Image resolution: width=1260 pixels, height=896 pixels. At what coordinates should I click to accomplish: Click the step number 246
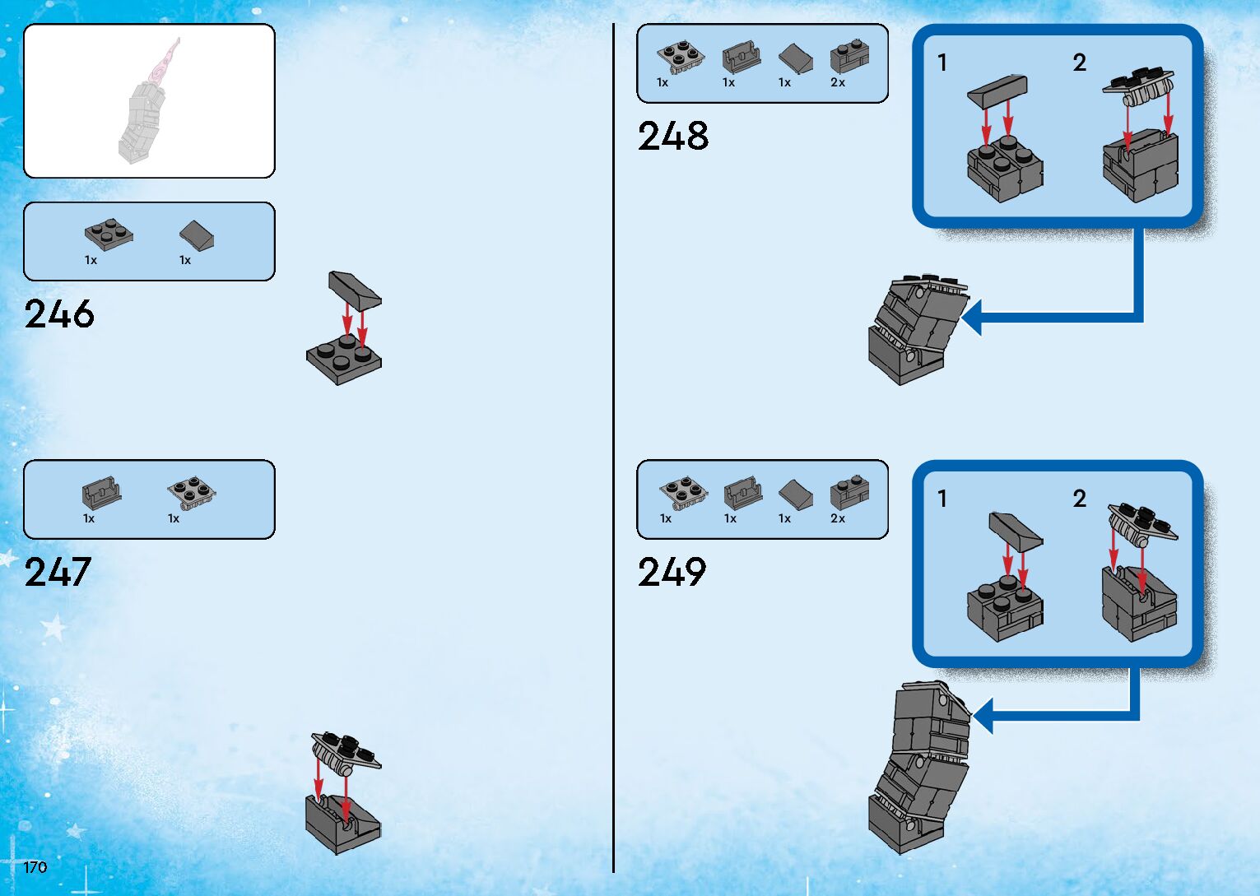tap(59, 314)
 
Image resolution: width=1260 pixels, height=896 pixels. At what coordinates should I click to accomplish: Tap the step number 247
tap(57, 573)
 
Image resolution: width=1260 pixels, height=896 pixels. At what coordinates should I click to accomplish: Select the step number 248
tap(672, 137)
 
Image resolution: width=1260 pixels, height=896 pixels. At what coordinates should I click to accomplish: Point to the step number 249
tap(672, 573)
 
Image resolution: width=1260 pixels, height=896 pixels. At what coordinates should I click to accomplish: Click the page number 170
tap(35, 867)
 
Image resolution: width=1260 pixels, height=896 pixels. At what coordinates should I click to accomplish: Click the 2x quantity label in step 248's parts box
tap(838, 83)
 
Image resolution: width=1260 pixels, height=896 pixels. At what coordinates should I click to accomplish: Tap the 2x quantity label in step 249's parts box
tap(838, 519)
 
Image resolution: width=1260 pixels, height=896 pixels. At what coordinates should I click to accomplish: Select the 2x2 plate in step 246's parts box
tap(109, 234)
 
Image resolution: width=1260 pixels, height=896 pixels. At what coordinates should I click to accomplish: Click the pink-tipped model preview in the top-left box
tap(150, 103)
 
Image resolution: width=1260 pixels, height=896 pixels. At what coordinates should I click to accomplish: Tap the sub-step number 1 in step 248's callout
tap(942, 63)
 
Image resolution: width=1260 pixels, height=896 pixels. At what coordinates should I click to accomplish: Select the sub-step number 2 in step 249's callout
tap(1079, 499)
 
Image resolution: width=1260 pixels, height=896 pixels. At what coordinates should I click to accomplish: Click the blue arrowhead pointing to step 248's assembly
tap(972, 318)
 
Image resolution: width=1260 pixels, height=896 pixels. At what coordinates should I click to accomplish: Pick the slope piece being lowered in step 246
tap(354, 290)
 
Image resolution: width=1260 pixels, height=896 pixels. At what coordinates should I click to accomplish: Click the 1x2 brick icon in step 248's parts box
tap(849, 57)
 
